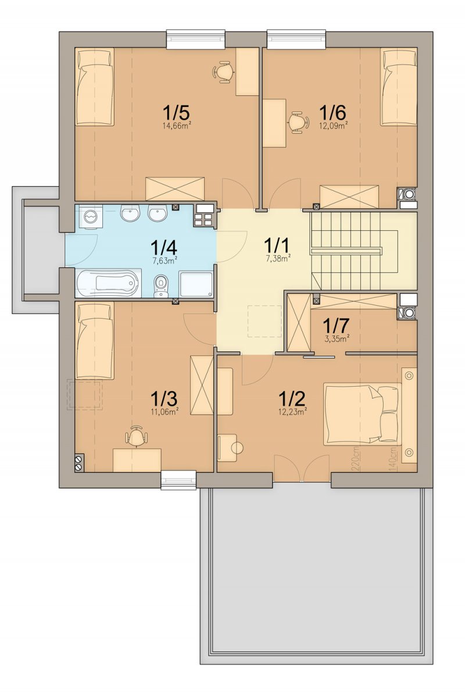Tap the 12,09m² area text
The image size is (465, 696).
pyautogui.click(x=333, y=126)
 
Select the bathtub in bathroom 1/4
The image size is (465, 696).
pyautogui.click(x=108, y=283)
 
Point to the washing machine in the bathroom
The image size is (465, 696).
pyautogui.click(x=91, y=217)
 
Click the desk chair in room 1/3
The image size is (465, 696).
pyautogui.click(x=135, y=435)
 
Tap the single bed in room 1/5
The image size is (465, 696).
pyautogui.click(x=95, y=87)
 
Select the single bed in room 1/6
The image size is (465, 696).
pyautogui.click(x=398, y=87)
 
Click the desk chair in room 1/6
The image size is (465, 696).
pyautogui.click(x=297, y=121)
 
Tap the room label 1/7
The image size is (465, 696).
pyautogui.click(x=336, y=326)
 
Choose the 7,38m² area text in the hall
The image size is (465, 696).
pyautogui.click(x=278, y=259)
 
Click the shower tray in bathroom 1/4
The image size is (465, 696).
pyautogui.click(x=196, y=284)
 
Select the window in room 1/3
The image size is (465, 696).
pyautogui.click(x=178, y=480)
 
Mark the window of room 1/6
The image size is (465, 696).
pyautogui.click(x=296, y=39)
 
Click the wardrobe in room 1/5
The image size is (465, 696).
pyautogui.click(x=176, y=189)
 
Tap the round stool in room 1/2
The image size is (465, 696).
pyautogui.click(x=237, y=448)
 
